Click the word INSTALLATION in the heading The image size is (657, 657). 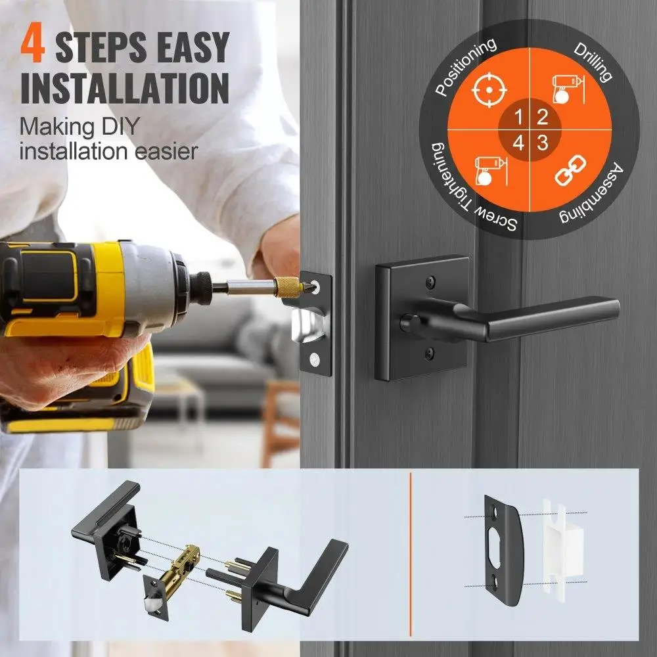click(x=125, y=89)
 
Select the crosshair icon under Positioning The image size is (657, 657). click(x=489, y=89)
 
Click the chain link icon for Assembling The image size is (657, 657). click(x=570, y=170)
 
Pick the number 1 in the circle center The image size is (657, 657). click(x=518, y=118)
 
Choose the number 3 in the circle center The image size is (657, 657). click(x=543, y=143)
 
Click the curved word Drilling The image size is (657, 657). click(x=593, y=61)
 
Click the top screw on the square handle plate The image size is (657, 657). click(x=430, y=282)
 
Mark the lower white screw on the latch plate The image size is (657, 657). click(x=314, y=359)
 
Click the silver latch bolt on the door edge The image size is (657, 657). click(x=309, y=325)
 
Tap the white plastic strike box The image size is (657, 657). click(x=563, y=545)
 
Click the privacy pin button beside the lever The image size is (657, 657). click(x=407, y=322)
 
